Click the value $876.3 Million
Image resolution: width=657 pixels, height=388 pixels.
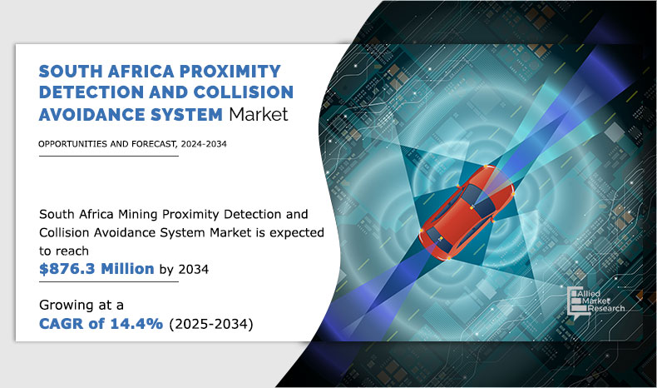tap(96, 268)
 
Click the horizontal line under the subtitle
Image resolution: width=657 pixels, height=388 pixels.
tap(108, 156)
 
